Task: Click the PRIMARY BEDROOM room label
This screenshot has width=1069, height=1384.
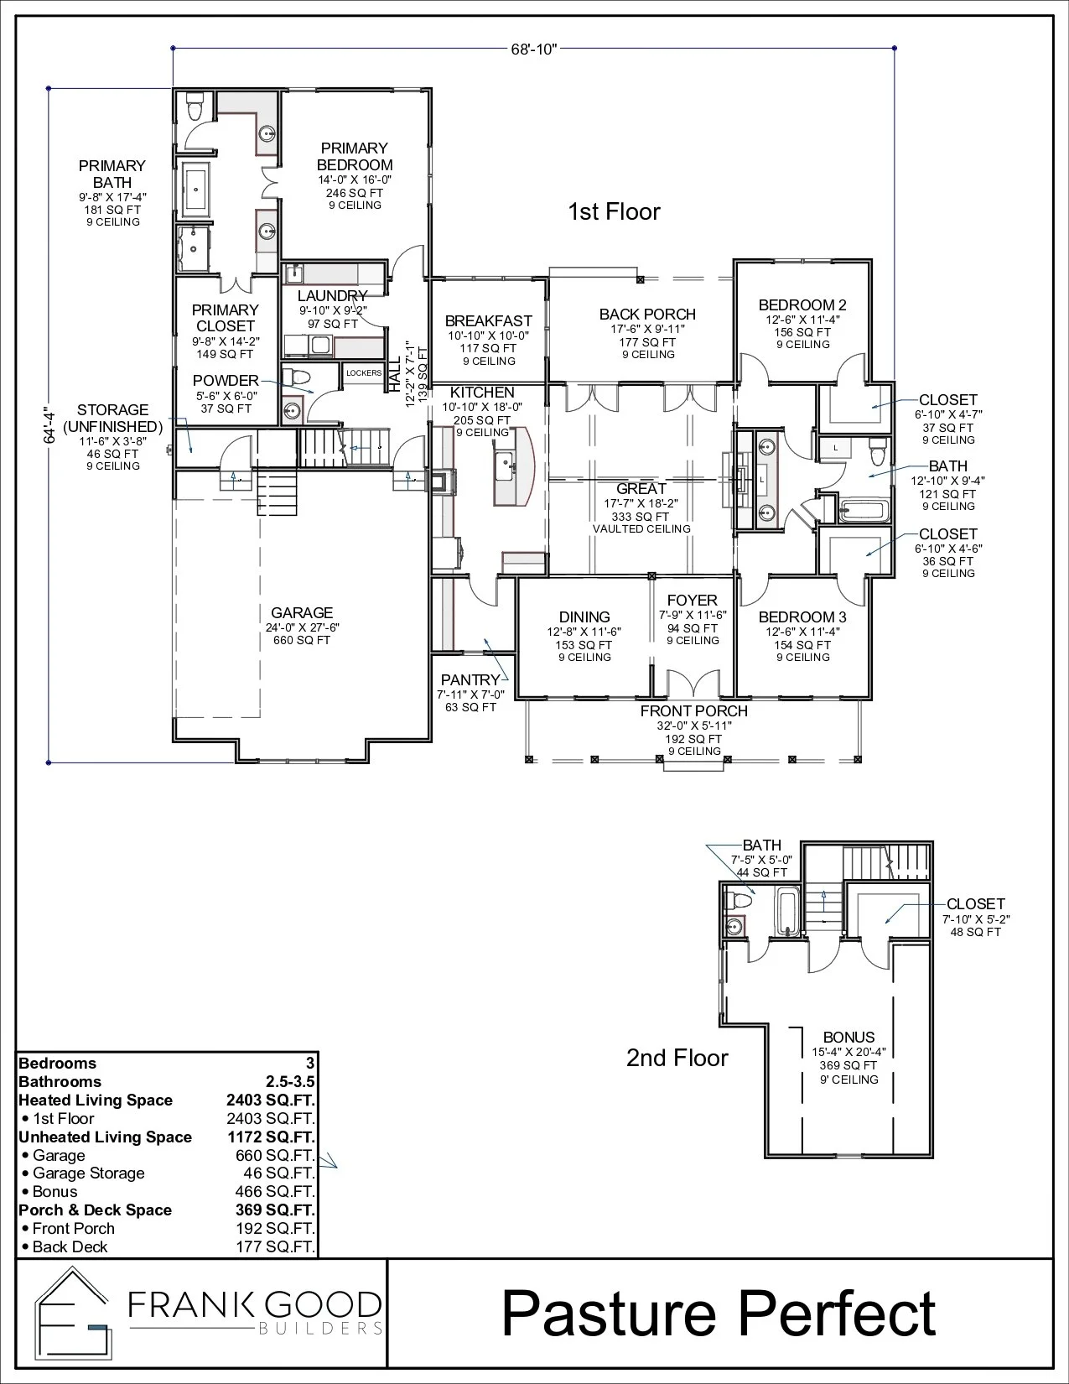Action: point(355,157)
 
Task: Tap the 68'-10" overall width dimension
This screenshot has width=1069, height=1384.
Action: point(534,49)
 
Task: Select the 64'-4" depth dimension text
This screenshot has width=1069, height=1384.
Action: point(49,424)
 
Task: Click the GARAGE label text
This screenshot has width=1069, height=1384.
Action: point(302,613)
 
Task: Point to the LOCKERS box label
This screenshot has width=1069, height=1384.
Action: point(364,373)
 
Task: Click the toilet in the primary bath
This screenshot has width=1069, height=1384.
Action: point(195,108)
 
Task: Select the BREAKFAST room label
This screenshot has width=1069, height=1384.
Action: point(488,321)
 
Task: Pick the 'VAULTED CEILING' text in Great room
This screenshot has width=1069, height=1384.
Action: point(641,529)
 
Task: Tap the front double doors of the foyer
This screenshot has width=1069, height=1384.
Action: point(693,684)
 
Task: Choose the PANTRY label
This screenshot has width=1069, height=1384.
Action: point(470,679)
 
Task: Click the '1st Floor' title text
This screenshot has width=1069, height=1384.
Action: point(614,212)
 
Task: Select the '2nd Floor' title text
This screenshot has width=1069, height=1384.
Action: point(677,1058)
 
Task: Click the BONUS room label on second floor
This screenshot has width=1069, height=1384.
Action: point(848,1038)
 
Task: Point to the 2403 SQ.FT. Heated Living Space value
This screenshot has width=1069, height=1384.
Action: point(270,1100)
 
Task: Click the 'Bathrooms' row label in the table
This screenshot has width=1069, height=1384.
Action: point(60,1082)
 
